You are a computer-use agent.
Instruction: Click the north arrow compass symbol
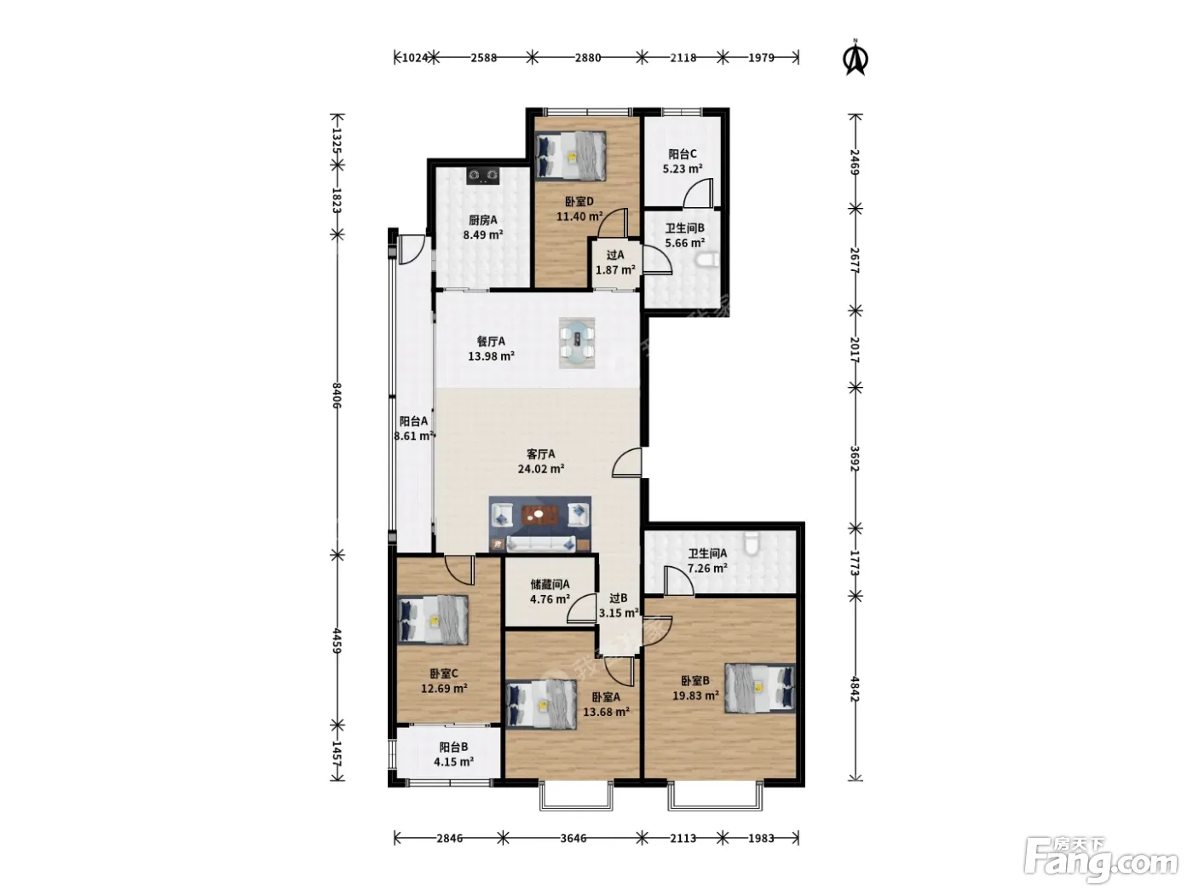[855, 57]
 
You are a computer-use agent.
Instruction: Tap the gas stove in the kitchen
[483, 175]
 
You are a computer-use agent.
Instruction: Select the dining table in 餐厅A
[577, 343]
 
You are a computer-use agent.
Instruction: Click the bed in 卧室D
[570, 155]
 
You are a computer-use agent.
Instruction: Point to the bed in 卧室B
[760, 687]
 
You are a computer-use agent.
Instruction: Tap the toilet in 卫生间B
[707, 261]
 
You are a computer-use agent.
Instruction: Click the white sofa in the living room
[540, 544]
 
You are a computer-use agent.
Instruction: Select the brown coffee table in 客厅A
[540, 515]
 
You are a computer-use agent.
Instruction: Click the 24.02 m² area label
[540, 469]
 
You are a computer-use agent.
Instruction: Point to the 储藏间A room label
[550, 585]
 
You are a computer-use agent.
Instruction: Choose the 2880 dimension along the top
[587, 58]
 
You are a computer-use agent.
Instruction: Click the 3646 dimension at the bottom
[573, 839]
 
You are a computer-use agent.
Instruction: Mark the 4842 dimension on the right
[855, 689]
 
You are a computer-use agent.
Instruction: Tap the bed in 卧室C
[433, 620]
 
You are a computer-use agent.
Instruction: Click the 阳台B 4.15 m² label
[453, 754]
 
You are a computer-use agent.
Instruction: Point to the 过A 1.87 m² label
[615, 263]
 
